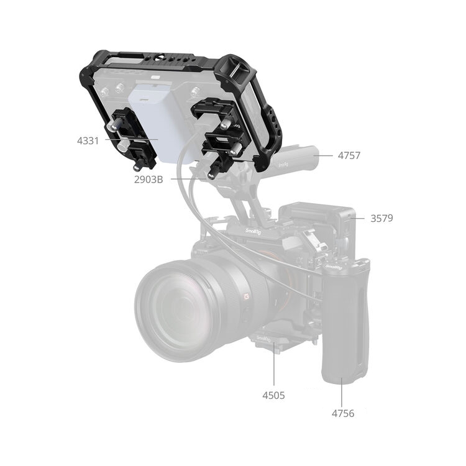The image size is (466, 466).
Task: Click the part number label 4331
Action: tap(88, 140)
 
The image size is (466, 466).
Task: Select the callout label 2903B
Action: tap(148, 180)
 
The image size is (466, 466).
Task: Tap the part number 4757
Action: tap(349, 155)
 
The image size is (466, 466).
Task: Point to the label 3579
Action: tap(381, 218)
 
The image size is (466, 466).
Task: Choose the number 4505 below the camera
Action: tap(273, 395)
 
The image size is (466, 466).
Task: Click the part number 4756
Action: tap(343, 413)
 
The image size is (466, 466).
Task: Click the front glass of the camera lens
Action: tap(175, 309)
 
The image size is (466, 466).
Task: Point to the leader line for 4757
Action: tap(322, 155)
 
